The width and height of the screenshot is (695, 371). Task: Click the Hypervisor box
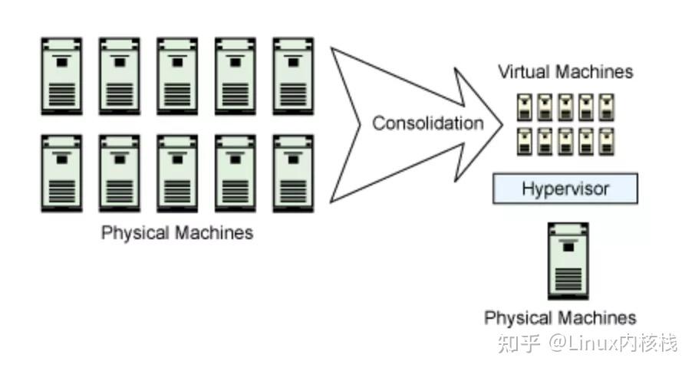(x=565, y=189)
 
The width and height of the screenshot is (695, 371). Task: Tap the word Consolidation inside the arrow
(x=428, y=123)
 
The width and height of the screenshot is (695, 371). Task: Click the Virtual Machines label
(x=565, y=72)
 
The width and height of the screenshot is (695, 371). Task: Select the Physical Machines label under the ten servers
(x=177, y=232)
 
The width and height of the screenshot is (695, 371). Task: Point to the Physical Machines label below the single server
(x=560, y=317)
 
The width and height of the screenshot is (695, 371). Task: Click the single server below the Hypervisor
(x=568, y=261)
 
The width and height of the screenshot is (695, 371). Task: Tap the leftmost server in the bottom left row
(x=61, y=173)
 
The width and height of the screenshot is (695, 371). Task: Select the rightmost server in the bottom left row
(x=294, y=173)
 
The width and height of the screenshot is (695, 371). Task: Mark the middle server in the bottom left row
(x=177, y=173)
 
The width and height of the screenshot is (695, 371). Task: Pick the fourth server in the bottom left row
(x=236, y=173)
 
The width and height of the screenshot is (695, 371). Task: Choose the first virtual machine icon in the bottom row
(x=525, y=142)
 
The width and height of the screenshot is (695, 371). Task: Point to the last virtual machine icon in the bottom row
(x=606, y=142)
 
